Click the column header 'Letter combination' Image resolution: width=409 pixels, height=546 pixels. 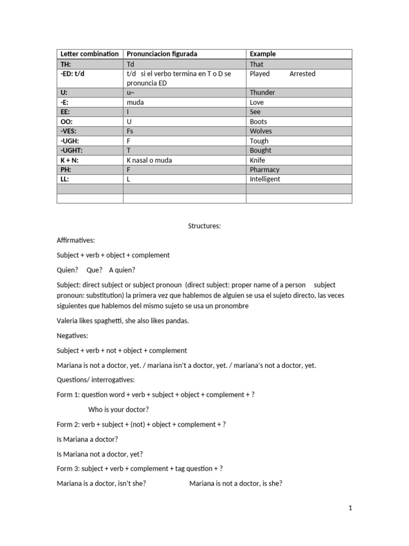pos(89,54)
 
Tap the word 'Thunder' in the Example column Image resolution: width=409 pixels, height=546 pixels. pos(262,93)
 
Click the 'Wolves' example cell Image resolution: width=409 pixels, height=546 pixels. pos(260,131)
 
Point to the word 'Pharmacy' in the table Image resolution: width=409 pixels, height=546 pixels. pos(264,170)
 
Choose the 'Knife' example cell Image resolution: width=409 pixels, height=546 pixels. pos(257,160)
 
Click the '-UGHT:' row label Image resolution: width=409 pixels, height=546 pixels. pos(72,150)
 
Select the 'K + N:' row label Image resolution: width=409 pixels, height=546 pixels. pos(72,160)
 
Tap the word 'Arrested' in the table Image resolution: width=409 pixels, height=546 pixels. pos(302,74)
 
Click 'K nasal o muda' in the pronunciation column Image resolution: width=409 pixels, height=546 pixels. pos(149,160)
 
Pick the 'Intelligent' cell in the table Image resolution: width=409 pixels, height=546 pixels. pos(265,179)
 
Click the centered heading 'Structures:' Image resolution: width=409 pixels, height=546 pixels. pos(204,226)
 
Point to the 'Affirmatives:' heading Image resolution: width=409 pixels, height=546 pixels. pos(76,240)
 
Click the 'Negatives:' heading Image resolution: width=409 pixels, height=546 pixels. pos(72,336)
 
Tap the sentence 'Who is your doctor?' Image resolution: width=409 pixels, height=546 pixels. pos(118,409)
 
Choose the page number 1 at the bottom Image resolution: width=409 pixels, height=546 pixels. pos(350,508)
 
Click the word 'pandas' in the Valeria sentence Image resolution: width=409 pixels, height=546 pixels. pos(177,321)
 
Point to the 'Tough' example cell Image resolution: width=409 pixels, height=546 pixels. pos(259,141)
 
